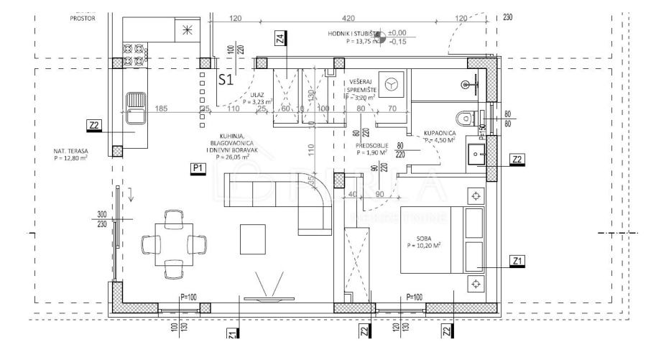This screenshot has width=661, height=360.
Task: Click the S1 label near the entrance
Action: [x=226, y=80]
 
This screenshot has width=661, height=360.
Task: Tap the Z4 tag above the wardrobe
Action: [x=279, y=38]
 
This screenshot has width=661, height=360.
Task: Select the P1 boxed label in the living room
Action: [x=198, y=167]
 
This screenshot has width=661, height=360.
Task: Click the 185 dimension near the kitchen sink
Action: [x=161, y=109]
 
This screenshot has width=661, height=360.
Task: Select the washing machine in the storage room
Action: [x=391, y=83]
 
